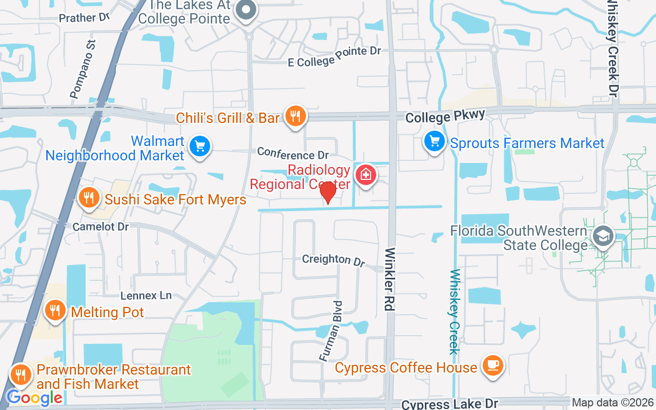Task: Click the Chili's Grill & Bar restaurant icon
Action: [295, 116]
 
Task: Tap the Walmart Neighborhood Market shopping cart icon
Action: [199, 147]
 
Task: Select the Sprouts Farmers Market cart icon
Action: [435, 140]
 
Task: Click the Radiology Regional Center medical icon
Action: [366, 175]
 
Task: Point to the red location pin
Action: [327, 192]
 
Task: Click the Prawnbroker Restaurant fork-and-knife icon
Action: [20, 374]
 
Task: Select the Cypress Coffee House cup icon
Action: [493, 365]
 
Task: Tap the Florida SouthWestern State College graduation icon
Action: [603, 236]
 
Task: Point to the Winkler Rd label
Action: [389, 280]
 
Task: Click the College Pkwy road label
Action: [445, 117]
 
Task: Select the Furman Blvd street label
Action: [331, 331]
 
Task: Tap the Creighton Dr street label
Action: [333, 260]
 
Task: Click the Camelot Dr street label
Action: [100, 226]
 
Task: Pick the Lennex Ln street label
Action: [146, 295]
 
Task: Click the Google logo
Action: [34, 397]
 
